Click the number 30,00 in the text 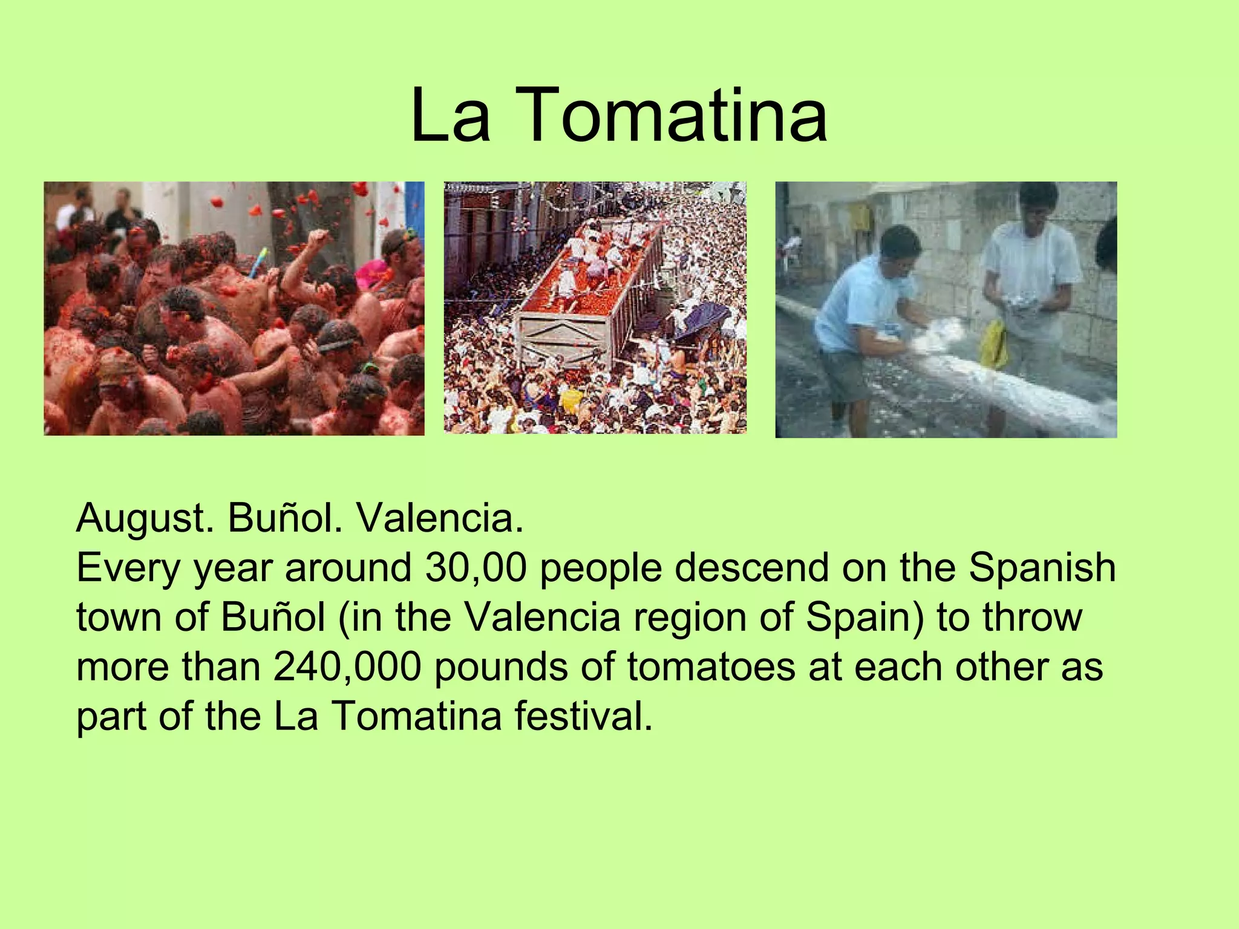[x=476, y=569]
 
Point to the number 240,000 [x=347, y=667]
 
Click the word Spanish [x=1042, y=569]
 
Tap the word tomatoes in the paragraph [x=711, y=667]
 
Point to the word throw [x=1032, y=618]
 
